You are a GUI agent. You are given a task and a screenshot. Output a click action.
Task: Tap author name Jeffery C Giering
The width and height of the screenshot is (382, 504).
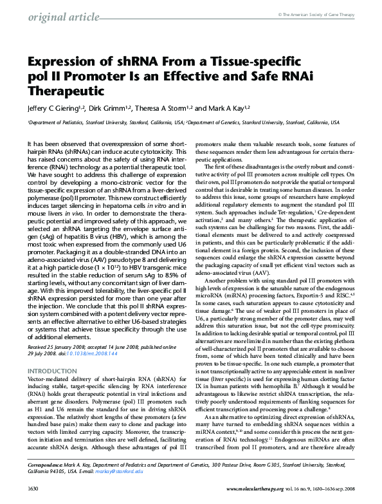[x=55, y=108]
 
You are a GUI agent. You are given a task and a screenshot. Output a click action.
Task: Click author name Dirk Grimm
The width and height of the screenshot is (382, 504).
[x=108, y=108]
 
